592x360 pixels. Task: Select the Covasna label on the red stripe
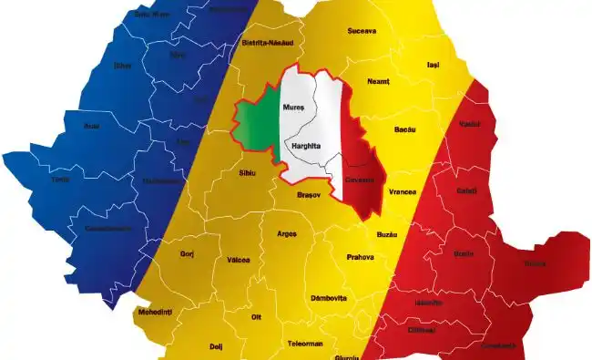[x=361, y=179]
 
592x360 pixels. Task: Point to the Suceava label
[x=362, y=31]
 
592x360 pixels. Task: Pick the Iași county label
[x=433, y=66]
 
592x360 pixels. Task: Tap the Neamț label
[x=378, y=82]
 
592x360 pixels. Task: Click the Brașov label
[x=310, y=195]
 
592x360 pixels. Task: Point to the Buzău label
[x=387, y=234]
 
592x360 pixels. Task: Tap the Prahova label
[x=360, y=257]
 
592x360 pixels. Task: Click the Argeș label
[x=286, y=234]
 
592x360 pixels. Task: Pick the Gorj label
[x=188, y=253]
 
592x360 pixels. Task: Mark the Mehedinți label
[x=155, y=312]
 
